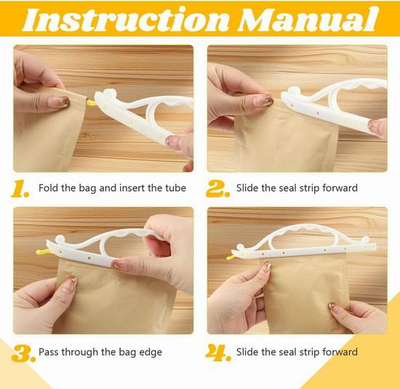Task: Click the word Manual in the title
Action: pyautogui.click(x=308, y=20)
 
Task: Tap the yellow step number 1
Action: pyautogui.click(x=20, y=189)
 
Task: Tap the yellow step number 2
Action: pyautogui.click(x=217, y=189)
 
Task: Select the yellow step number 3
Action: pyautogui.click(x=23, y=353)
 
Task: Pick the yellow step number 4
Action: pyautogui.click(x=218, y=353)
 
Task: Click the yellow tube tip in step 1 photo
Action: pyautogui.click(x=91, y=103)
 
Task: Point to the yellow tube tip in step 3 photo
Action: pyautogui.click(x=42, y=252)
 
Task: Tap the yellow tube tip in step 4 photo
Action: pyautogui.click(x=230, y=258)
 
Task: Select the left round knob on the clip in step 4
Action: pyautogui.click(x=240, y=247)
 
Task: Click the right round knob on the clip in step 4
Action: pyautogui.click(x=365, y=239)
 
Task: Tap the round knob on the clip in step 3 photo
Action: pyautogui.click(x=60, y=239)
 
